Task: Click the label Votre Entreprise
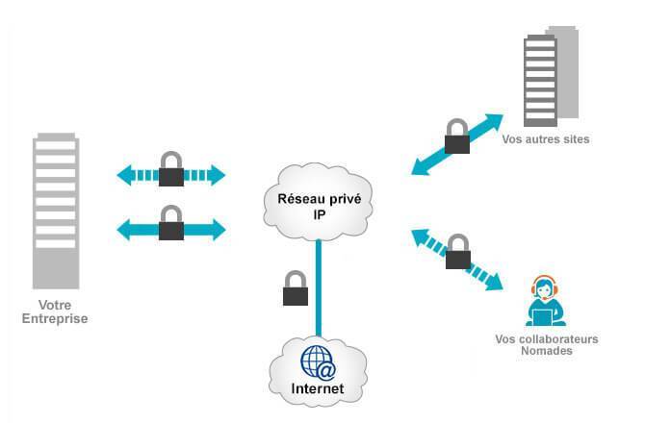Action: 56,311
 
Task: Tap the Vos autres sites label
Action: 545,139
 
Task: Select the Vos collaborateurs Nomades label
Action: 547,345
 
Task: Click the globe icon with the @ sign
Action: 318,364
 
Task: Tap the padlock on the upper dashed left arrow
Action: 171,168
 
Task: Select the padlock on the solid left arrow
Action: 171,224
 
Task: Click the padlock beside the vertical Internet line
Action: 295,288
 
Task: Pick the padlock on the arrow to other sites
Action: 457,138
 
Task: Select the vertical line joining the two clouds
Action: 318,288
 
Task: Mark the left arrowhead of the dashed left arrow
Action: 123,175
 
